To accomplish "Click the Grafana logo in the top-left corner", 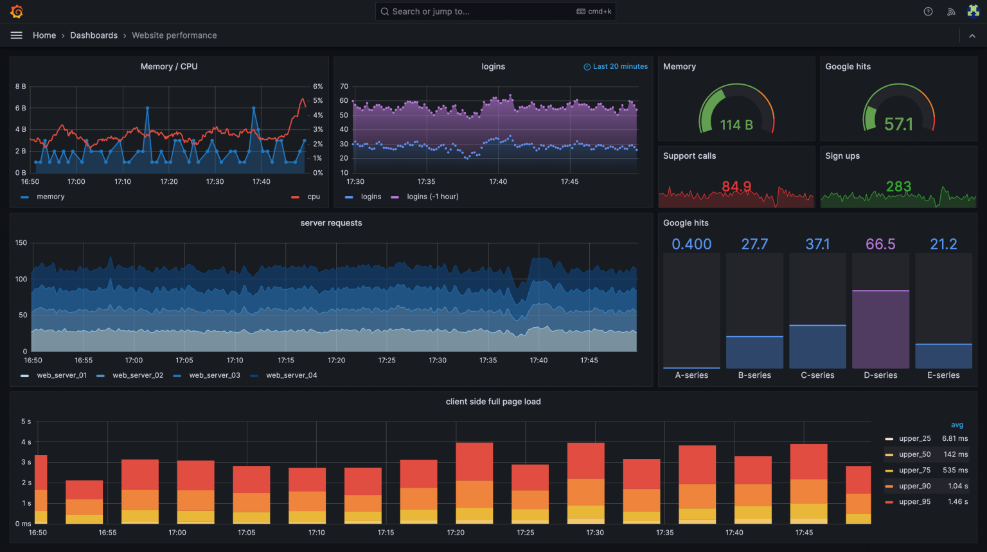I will click(x=17, y=12).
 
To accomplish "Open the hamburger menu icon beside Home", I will click(x=17, y=35).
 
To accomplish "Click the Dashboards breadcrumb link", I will click(x=94, y=35).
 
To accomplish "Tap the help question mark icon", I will click(x=928, y=12).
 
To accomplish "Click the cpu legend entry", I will click(x=314, y=197).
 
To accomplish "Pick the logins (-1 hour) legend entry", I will click(x=432, y=197).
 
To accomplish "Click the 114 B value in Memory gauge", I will click(x=736, y=125).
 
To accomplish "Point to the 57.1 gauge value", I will click(x=898, y=124).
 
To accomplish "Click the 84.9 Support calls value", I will click(x=736, y=186).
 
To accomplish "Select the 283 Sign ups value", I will click(x=898, y=186).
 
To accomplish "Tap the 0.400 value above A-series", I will click(x=691, y=244).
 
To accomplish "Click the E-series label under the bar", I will click(x=943, y=375).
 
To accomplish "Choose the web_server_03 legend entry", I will click(x=215, y=375).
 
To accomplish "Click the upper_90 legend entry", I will click(x=915, y=486).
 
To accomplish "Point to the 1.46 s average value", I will click(x=957, y=501).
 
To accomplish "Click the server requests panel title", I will click(x=331, y=223).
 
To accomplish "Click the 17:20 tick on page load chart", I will click(x=456, y=532).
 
